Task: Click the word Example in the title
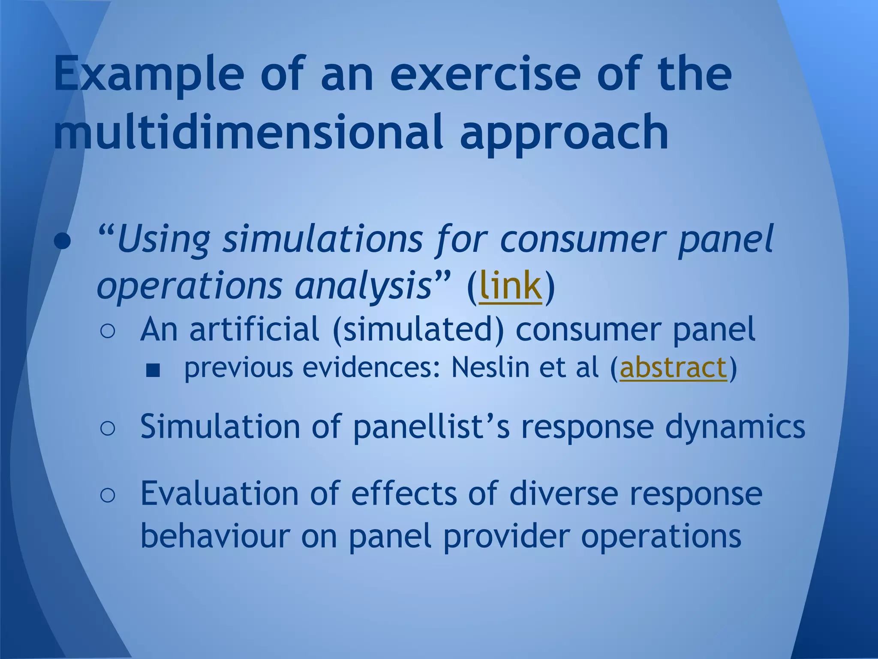tap(148, 76)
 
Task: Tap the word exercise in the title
tap(485, 76)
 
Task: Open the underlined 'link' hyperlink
tap(510, 286)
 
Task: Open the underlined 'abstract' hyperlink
tap(674, 368)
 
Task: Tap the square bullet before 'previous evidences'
tap(153, 370)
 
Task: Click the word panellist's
tap(431, 427)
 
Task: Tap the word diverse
tap(564, 493)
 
